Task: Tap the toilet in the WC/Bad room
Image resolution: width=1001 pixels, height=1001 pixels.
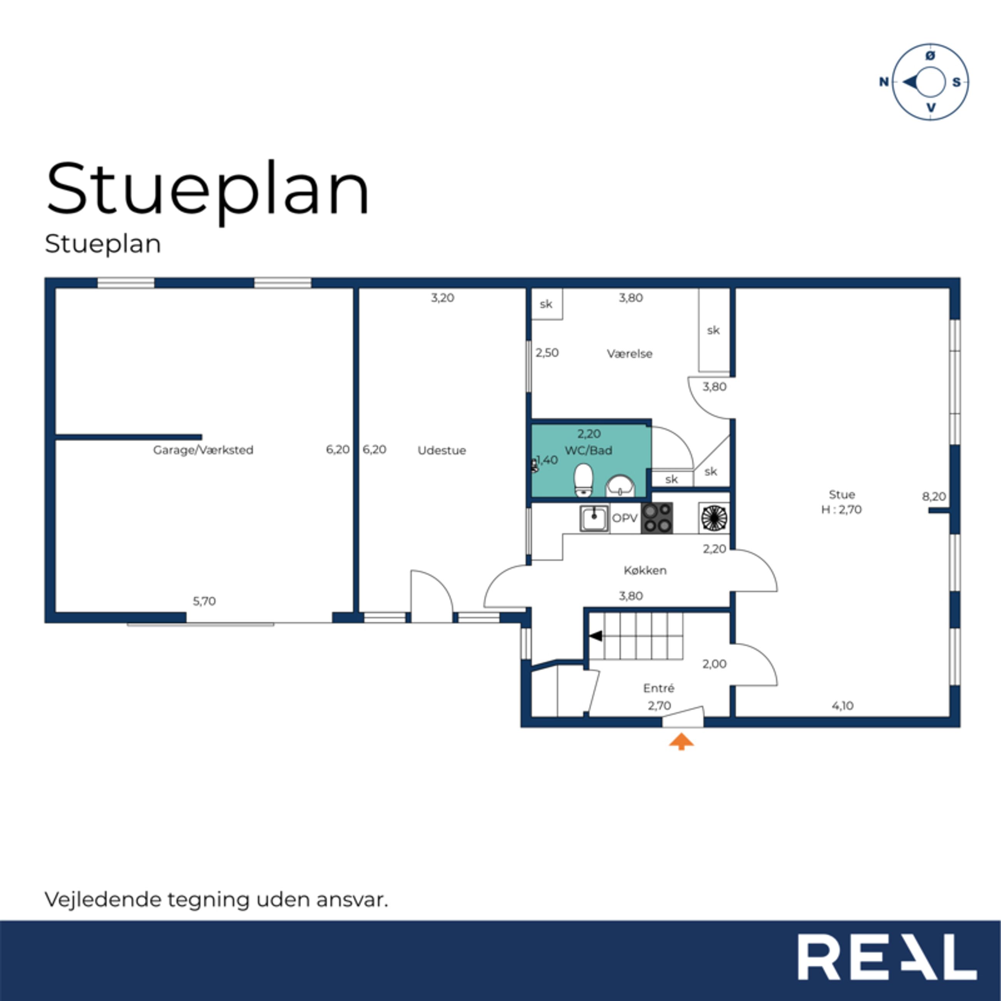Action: point(583,480)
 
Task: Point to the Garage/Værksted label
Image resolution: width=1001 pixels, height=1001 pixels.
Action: point(203,450)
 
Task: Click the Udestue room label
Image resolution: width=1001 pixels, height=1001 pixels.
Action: point(442,450)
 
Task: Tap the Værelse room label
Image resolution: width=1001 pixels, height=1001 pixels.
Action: point(629,353)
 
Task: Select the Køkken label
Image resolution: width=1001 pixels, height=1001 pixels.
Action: point(645,570)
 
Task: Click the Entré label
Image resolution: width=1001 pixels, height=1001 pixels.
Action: point(658,688)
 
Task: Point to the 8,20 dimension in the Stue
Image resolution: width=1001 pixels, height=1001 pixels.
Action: point(934,496)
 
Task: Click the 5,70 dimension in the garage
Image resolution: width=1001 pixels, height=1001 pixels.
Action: point(204,601)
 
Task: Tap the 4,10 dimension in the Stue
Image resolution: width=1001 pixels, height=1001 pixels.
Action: point(842,705)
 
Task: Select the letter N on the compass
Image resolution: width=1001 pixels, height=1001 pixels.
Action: point(884,82)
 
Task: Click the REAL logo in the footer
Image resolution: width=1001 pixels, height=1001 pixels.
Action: point(887,957)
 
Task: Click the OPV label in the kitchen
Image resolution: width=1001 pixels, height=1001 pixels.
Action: point(625,517)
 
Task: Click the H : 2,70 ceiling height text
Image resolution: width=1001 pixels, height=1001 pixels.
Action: point(842,509)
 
